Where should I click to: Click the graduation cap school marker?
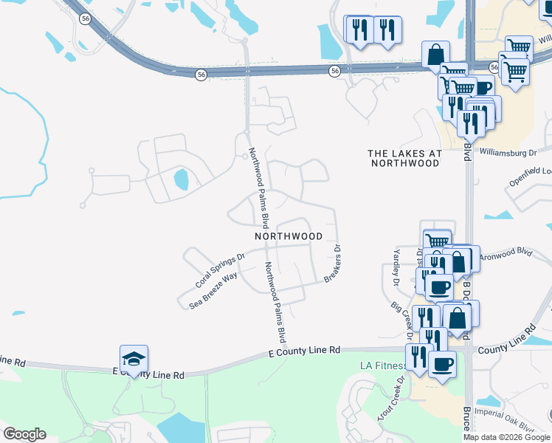point(134,359)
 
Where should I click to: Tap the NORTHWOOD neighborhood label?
point(289,236)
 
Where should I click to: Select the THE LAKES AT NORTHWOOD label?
point(404,158)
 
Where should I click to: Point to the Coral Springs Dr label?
point(219,272)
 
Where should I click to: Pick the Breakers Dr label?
point(334,264)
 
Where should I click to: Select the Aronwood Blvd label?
point(506,253)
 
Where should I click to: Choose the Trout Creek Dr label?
point(391,399)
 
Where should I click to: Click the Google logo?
point(24,434)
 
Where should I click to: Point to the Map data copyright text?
point(506,437)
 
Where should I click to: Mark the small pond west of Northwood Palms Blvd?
point(180,179)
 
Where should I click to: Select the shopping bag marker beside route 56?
point(435,54)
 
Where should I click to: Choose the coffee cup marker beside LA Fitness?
point(441,364)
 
